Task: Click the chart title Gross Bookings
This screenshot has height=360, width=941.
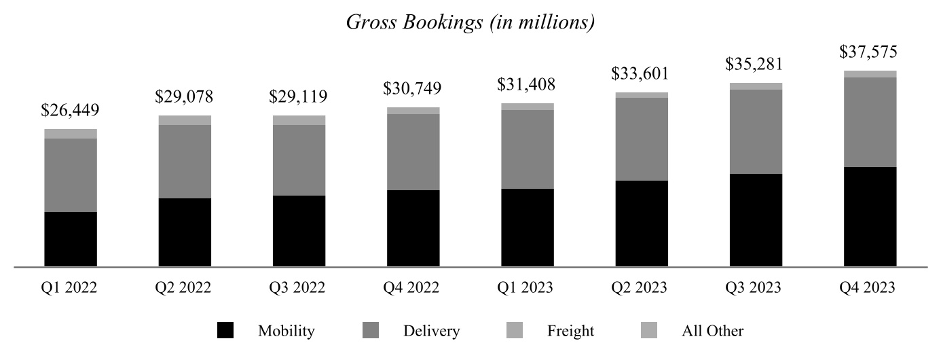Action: click(470, 22)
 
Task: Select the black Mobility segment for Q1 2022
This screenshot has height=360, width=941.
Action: click(71, 239)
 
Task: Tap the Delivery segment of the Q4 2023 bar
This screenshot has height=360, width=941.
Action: click(870, 122)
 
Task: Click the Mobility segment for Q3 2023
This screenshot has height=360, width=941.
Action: click(756, 220)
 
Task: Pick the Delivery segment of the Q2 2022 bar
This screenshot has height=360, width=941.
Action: click(185, 162)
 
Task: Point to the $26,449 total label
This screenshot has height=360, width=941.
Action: click(71, 110)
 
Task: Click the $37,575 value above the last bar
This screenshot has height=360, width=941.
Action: click(870, 52)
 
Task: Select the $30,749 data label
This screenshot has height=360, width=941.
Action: click(413, 88)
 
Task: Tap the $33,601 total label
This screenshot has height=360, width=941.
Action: click(642, 73)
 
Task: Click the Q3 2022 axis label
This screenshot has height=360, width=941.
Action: click(299, 288)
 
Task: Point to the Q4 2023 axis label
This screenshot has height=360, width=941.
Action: click(870, 288)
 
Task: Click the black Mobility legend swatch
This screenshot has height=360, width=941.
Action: click(225, 331)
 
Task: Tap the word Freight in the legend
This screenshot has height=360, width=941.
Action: click(570, 331)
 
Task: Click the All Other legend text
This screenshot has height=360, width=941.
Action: click(712, 331)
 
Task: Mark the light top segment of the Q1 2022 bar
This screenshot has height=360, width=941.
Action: click(71, 134)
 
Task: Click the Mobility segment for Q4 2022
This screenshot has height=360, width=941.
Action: click(413, 228)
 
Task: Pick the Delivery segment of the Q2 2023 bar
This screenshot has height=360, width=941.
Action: click(642, 139)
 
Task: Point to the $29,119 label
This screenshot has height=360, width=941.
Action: click(299, 96)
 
